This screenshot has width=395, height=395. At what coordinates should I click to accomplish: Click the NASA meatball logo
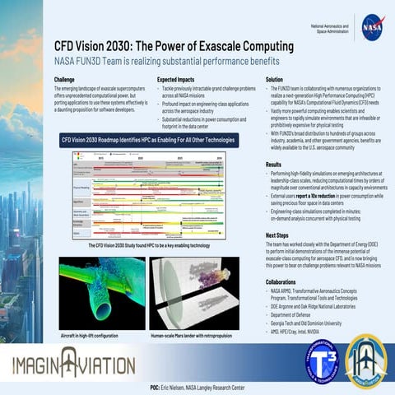371,26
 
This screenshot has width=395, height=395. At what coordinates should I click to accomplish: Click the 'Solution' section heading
274,80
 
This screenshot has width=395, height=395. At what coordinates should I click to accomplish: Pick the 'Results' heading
273,165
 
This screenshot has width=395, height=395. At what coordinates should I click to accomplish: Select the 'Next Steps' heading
276,235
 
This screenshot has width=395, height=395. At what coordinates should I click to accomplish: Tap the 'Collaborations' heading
281,281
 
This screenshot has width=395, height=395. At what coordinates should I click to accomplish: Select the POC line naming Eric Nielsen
197,387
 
